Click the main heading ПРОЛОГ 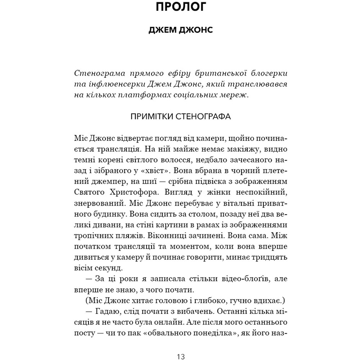(180, 9)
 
